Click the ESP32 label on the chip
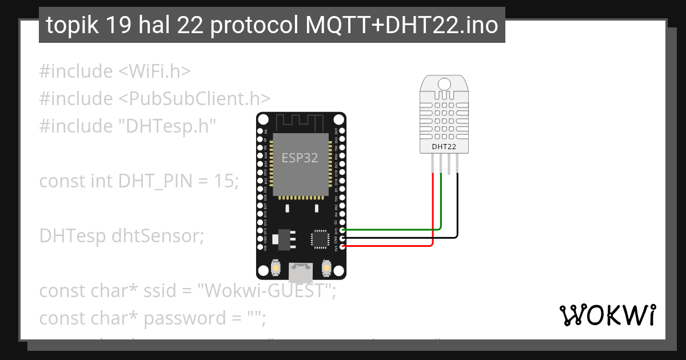point(300,158)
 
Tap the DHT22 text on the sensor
point(444,146)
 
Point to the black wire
point(400,238)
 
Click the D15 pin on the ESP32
point(342,230)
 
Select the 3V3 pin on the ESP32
point(342,246)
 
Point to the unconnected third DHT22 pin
point(450,166)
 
